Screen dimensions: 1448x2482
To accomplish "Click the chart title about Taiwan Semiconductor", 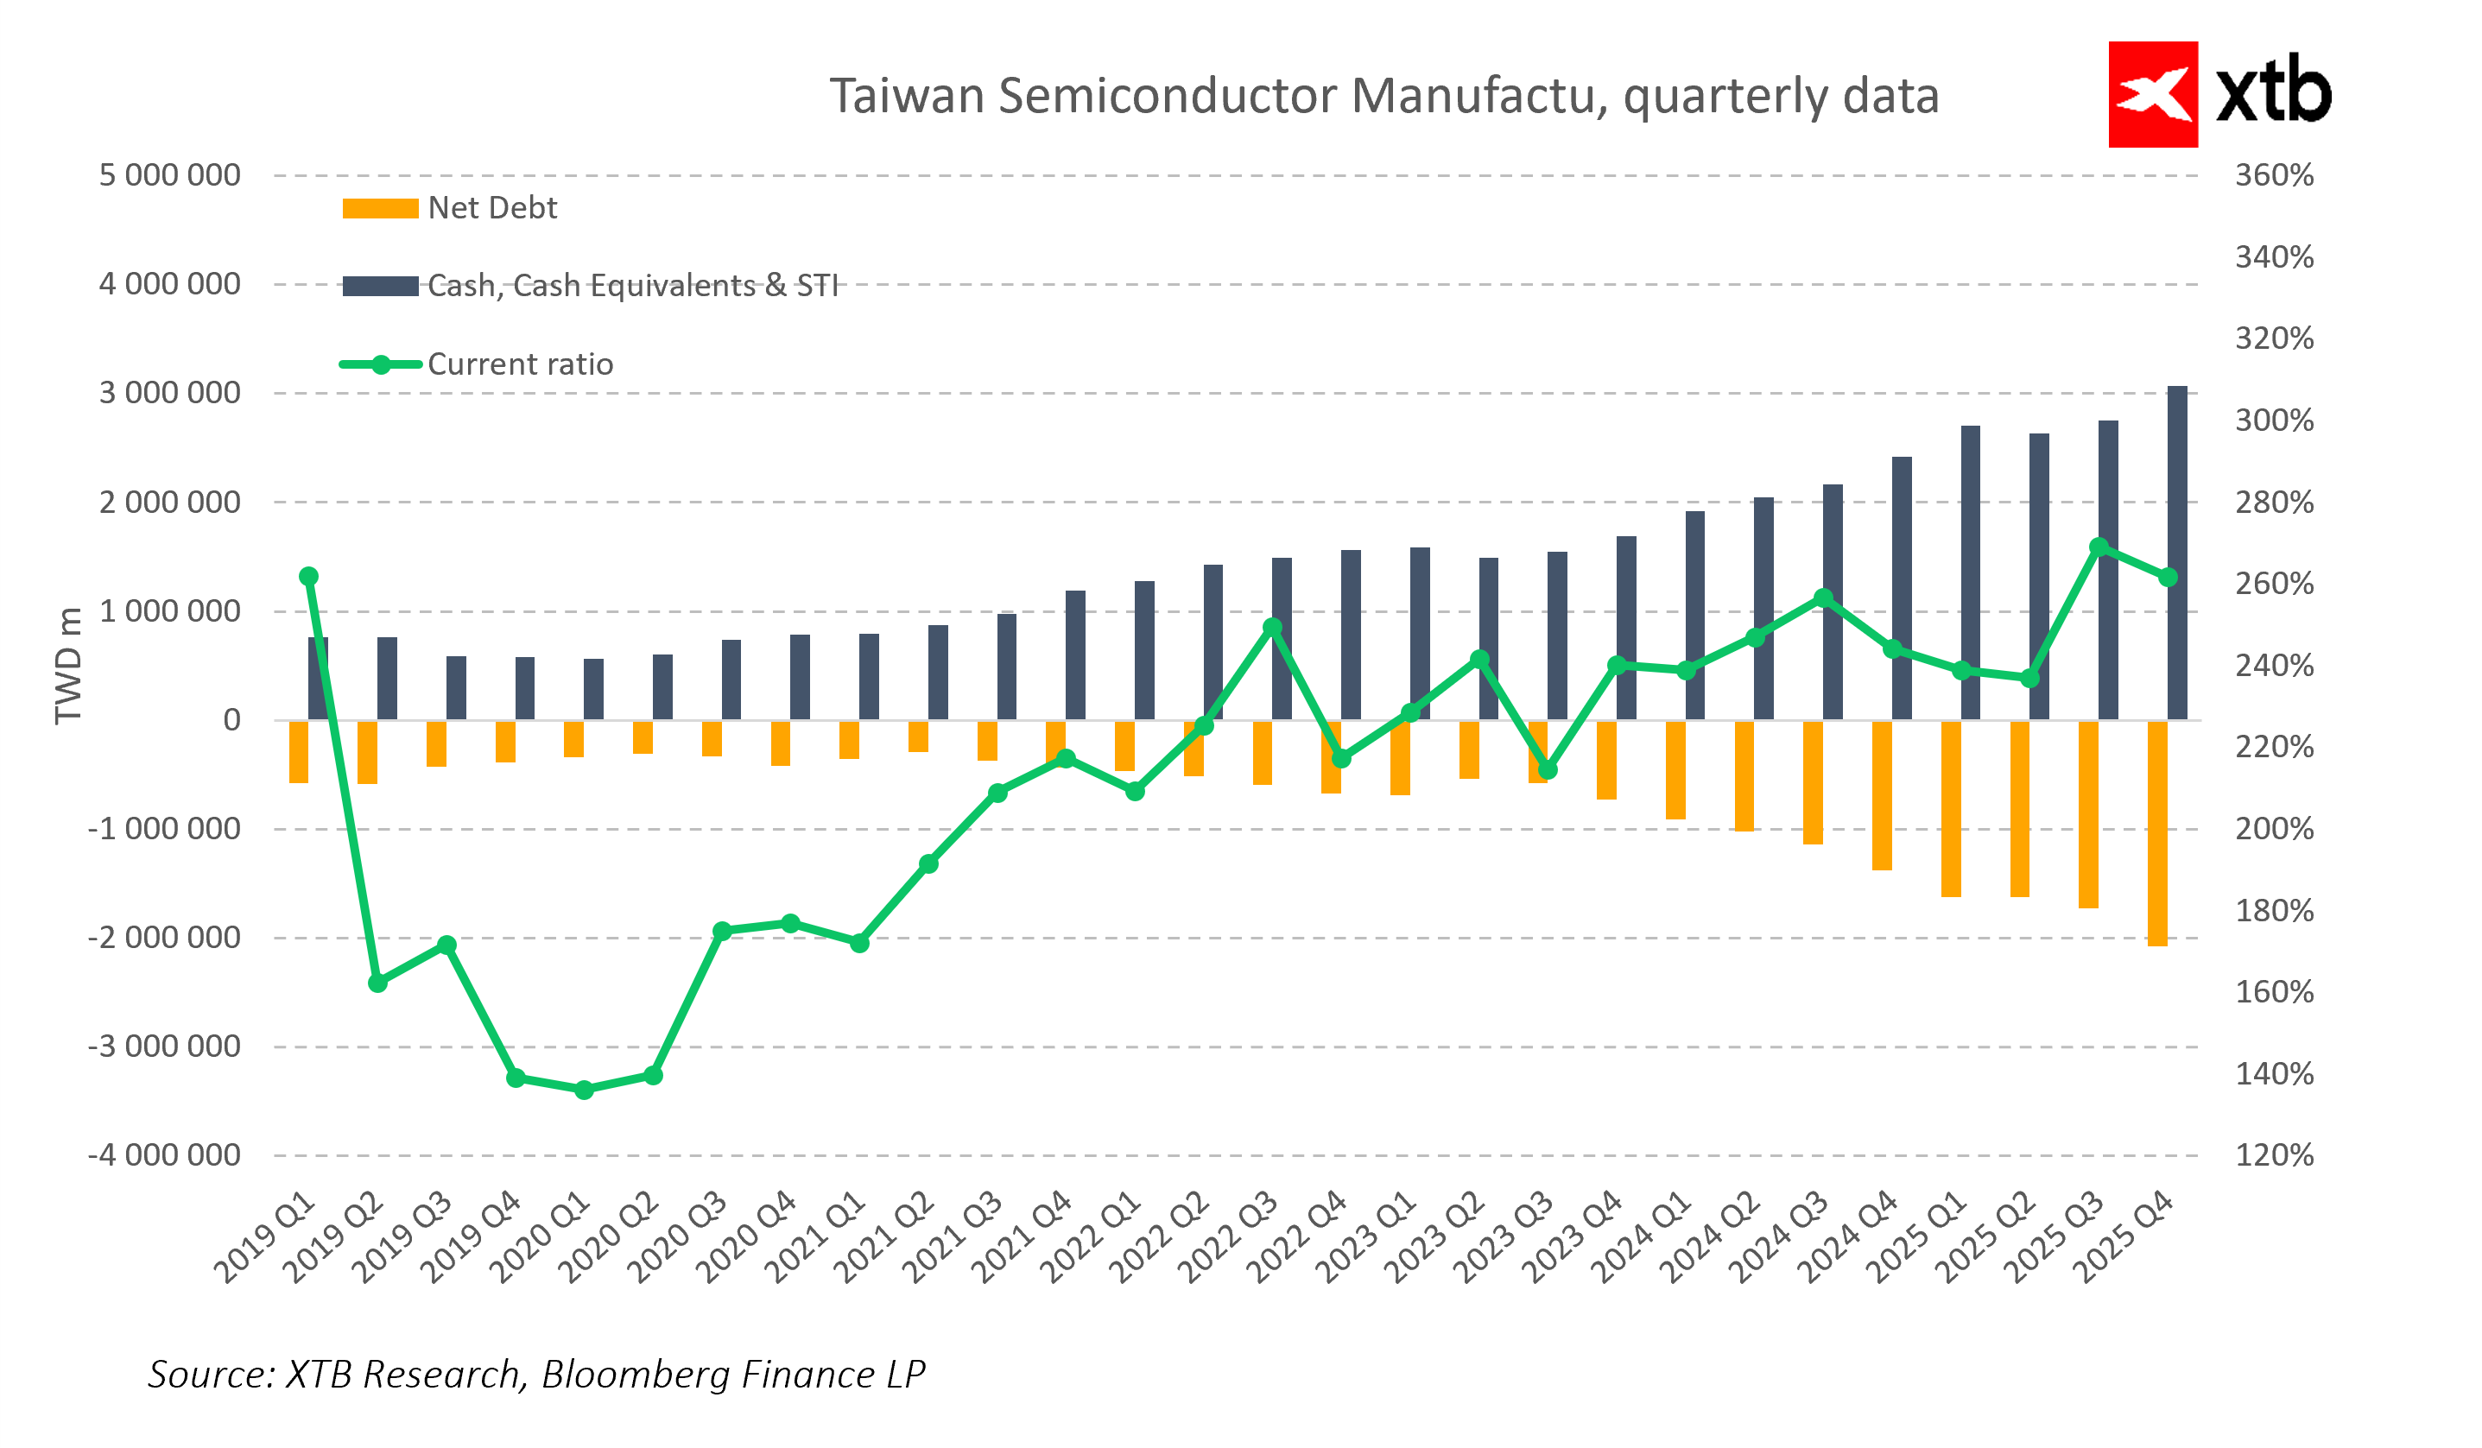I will [1383, 97].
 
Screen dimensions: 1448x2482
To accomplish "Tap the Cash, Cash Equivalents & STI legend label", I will [632, 286].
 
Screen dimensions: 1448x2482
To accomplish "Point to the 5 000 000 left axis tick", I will [169, 175].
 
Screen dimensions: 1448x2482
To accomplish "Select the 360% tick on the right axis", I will [2273, 175].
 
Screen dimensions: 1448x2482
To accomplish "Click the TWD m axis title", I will [67, 666].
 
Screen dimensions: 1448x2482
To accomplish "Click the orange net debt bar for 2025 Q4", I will [2157, 833].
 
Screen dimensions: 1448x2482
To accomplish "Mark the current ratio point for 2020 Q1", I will [584, 1090].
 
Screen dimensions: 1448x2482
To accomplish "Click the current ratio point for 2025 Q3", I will [2099, 547].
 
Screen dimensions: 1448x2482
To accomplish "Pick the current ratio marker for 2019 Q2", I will [377, 983].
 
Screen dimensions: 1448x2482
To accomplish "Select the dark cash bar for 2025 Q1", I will [1970, 572].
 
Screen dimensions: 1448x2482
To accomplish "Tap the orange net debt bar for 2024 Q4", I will [1881, 795].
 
